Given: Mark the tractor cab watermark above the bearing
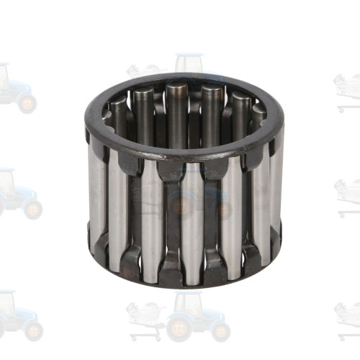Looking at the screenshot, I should point(189,65).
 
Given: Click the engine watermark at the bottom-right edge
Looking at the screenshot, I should point(348,313).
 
